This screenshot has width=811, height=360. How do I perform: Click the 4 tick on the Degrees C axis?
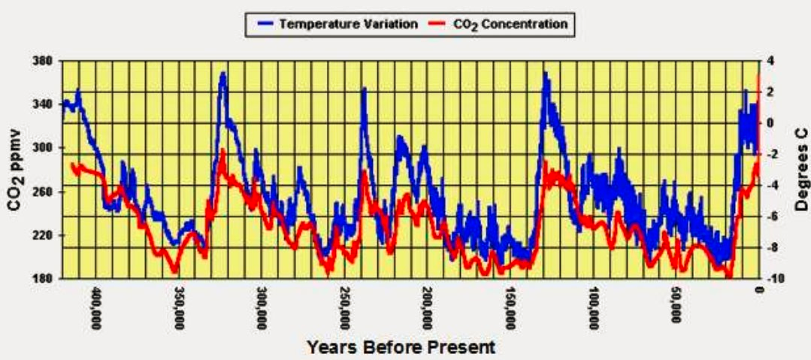[x=771, y=61]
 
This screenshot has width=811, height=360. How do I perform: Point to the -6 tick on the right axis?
[x=773, y=216]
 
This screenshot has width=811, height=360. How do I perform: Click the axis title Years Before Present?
[x=401, y=347]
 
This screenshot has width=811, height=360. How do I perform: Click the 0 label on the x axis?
[x=759, y=289]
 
